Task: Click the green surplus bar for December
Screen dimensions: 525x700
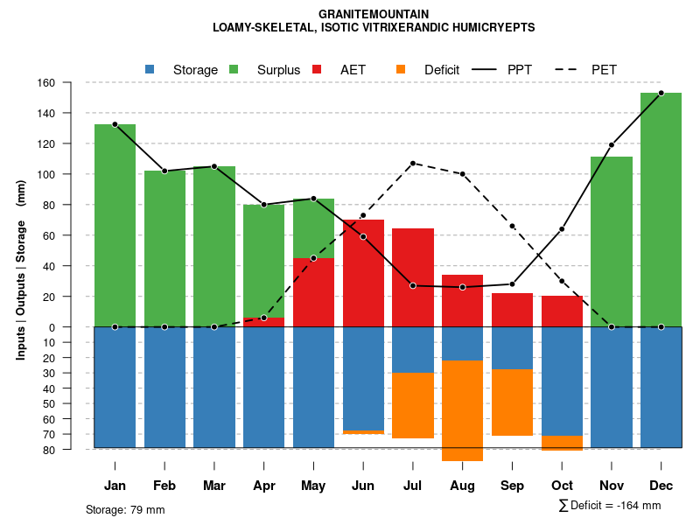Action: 661,210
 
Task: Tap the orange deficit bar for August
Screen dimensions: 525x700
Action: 463,410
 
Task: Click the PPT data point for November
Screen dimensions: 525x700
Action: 612,145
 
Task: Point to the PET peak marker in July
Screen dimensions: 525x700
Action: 413,164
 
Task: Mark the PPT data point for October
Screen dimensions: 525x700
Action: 562,229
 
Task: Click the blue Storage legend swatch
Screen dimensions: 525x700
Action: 150,69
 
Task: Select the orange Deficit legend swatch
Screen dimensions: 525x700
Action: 402,69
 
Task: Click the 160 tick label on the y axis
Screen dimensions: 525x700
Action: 71,83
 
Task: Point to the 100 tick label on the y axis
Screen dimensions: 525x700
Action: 71,174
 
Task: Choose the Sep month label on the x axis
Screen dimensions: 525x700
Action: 513,486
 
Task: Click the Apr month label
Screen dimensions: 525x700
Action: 264,486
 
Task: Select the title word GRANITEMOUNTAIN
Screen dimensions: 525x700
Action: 374,15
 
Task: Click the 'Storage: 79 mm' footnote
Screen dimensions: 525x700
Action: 125,509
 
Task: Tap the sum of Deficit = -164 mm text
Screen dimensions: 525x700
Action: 610,506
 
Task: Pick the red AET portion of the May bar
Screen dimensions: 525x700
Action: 313,292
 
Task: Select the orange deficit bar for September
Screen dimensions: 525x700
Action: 513,402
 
